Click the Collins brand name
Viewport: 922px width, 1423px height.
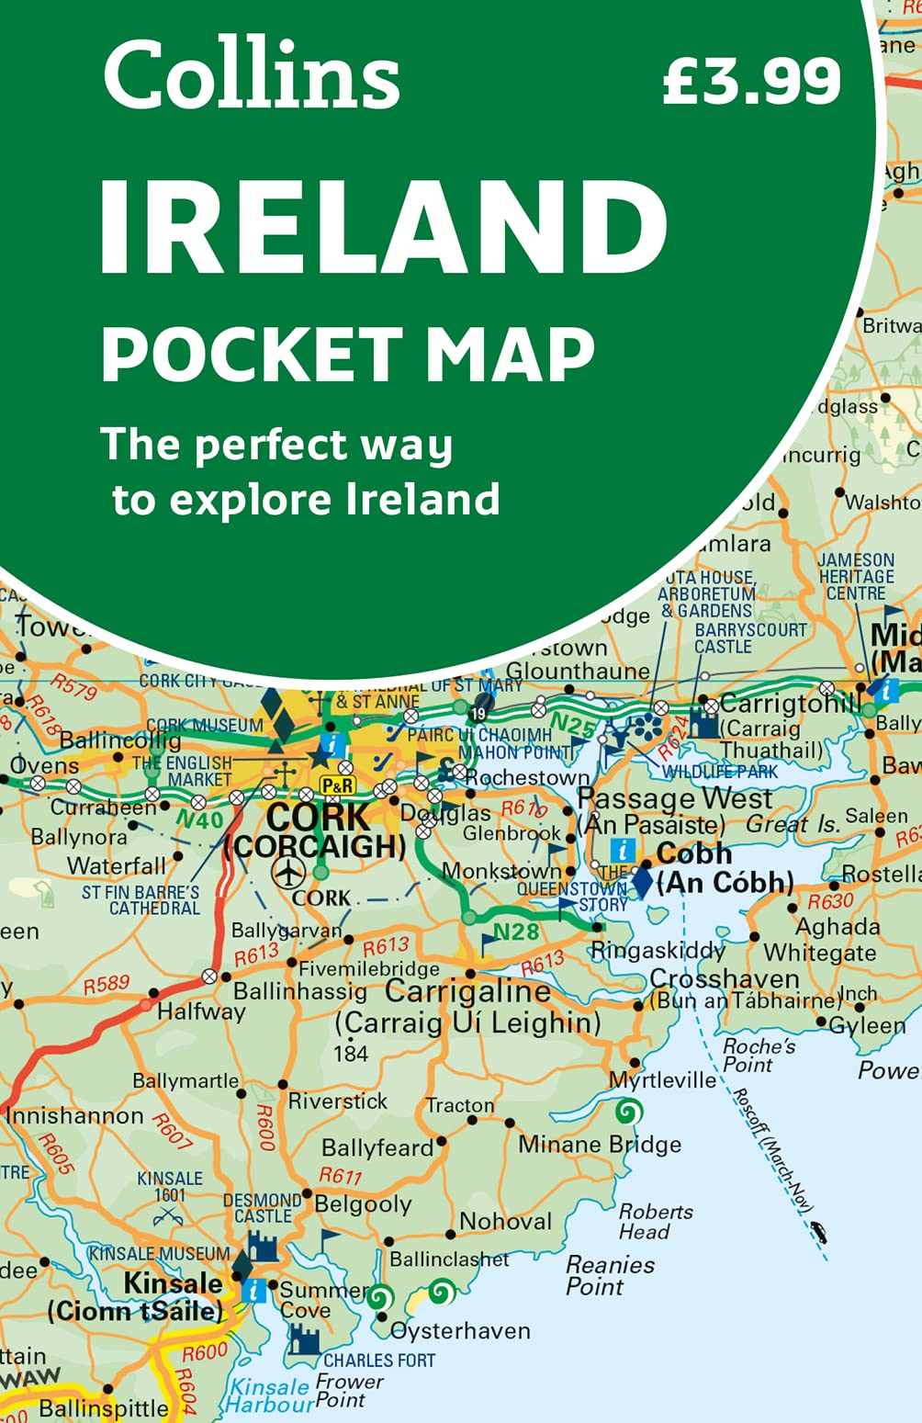coord(252,75)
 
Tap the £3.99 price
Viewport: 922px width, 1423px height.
coord(751,80)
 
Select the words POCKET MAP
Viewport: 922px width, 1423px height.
coord(349,355)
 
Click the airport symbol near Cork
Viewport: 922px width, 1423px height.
coord(289,872)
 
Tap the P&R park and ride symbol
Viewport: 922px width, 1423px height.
coord(337,785)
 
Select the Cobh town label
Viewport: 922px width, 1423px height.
coord(693,853)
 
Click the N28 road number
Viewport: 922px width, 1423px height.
coord(515,932)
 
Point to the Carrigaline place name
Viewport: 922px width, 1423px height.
coord(467,991)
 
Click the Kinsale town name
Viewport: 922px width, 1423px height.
coord(173,1282)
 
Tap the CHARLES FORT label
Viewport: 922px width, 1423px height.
coord(379,1361)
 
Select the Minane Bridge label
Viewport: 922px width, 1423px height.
coord(600,1144)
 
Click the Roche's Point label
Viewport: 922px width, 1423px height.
coord(759,1056)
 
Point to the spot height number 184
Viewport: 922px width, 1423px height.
coord(351,1054)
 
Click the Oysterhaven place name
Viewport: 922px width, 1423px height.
coord(460,1330)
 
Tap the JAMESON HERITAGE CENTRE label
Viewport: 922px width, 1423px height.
coord(856,576)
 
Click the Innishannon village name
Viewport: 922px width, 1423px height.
coord(75,1115)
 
